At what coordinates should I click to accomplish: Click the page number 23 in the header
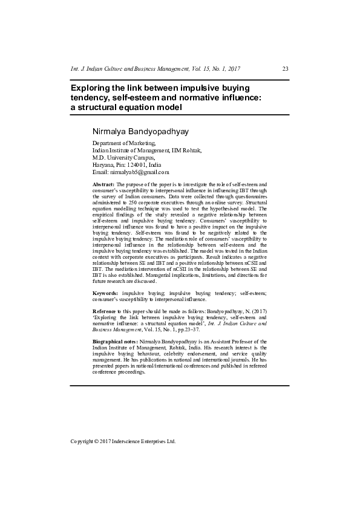coord(285,68)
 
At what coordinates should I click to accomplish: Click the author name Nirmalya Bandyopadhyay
coord(138,131)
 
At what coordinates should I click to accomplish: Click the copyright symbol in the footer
coord(97,441)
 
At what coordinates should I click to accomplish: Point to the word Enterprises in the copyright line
coord(155,441)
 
